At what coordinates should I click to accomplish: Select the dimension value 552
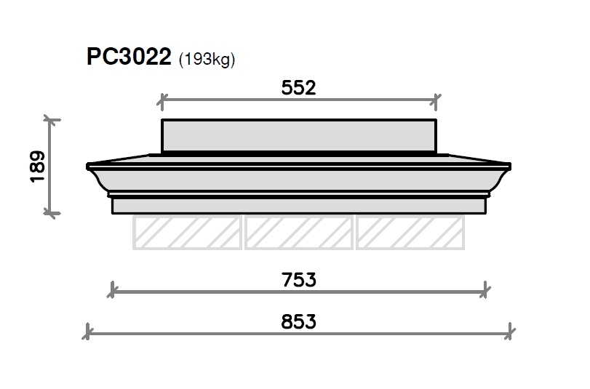(x=298, y=88)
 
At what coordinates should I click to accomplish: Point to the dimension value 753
(x=298, y=280)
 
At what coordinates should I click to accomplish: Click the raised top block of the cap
(x=298, y=136)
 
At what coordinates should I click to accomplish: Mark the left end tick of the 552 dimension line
(x=162, y=100)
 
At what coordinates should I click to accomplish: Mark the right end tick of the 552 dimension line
(x=436, y=100)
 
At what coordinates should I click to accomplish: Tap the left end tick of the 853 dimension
(x=87, y=332)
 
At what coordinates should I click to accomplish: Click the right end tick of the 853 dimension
(x=511, y=332)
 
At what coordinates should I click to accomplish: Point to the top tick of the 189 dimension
(x=49, y=119)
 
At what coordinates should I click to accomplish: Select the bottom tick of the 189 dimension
(x=49, y=212)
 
